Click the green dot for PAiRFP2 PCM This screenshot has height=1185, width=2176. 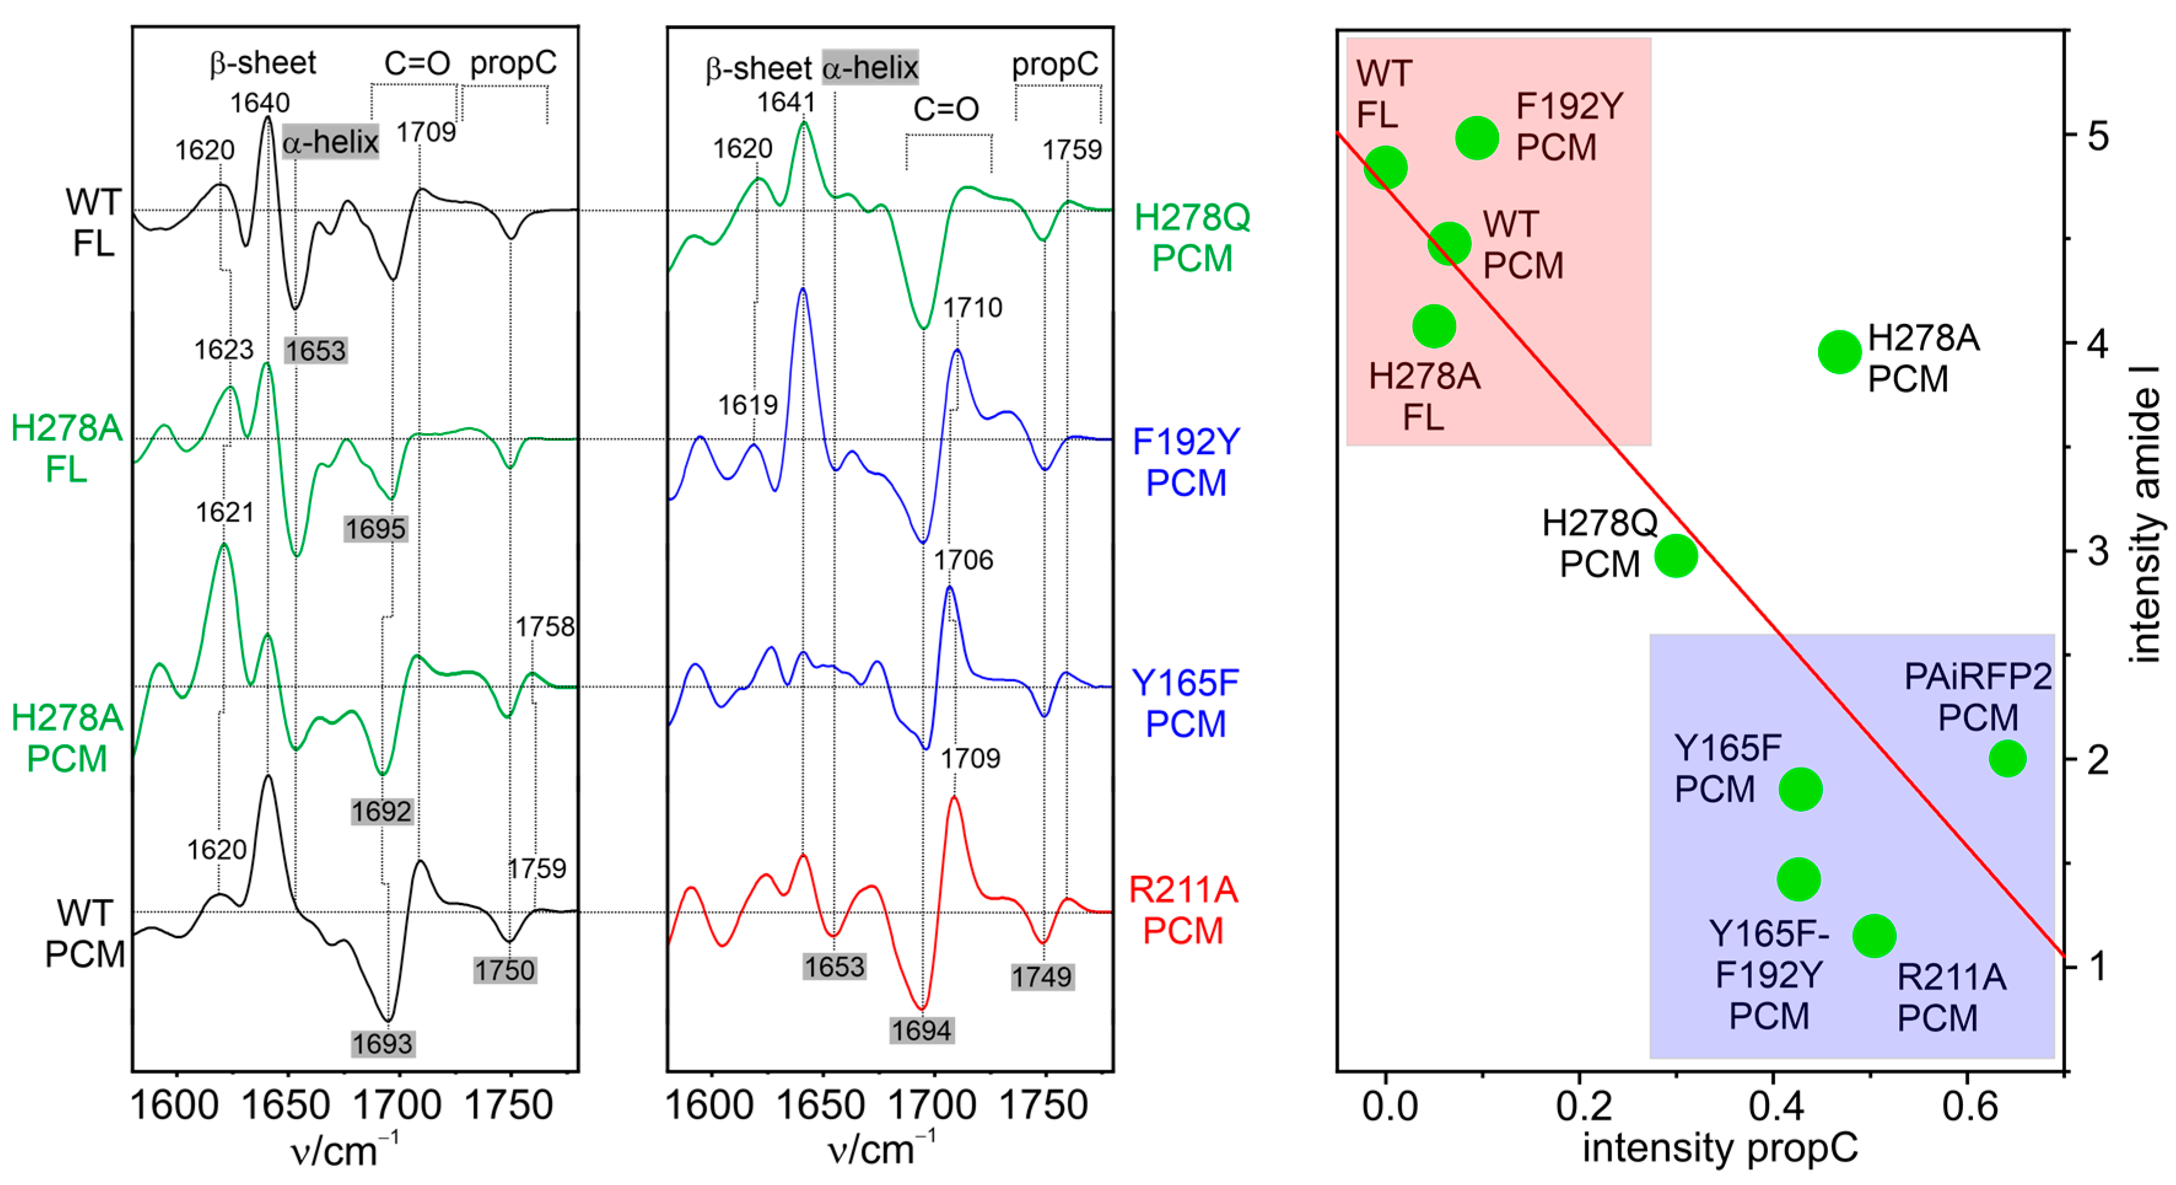point(2007,758)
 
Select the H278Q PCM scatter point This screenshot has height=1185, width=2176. point(1676,556)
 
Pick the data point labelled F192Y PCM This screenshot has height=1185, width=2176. point(1477,137)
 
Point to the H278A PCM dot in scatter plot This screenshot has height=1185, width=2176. point(1840,352)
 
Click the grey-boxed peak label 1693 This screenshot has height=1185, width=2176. point(382,1044)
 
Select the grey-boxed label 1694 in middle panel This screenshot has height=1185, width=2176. point(921,1030)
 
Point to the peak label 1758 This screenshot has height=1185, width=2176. point(545,627)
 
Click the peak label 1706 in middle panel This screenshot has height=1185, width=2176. point(963,560)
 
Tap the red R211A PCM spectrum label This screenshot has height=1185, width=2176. point(1183,911)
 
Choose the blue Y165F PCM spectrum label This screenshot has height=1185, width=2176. point(1185,703)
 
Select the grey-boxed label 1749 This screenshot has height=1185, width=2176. point(1042,977)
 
